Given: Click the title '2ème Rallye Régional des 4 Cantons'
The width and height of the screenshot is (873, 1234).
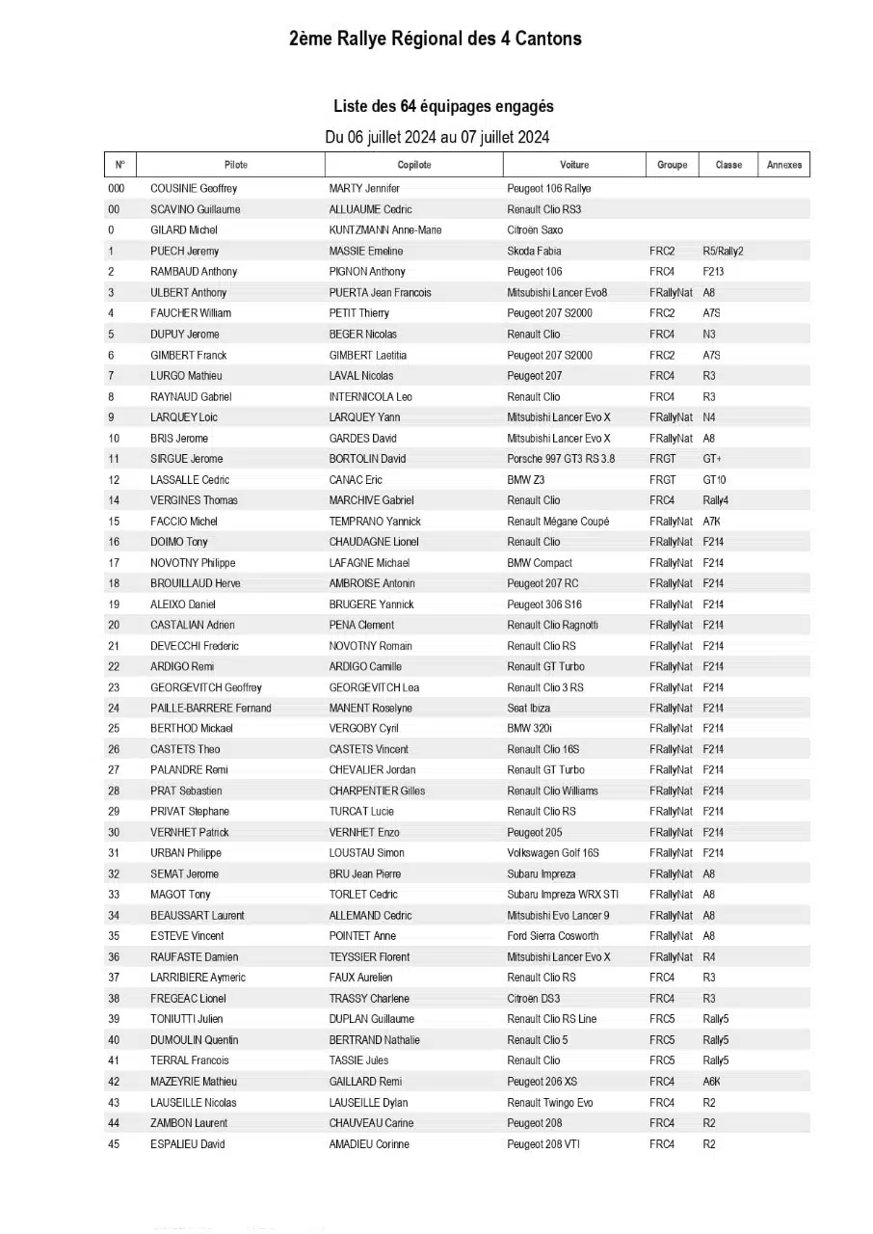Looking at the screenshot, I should click(x=436, y=40).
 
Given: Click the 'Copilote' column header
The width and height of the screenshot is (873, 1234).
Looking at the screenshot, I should click(x=414, y=165).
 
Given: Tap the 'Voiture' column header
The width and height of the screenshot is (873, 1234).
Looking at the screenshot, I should click(x=574, y=165).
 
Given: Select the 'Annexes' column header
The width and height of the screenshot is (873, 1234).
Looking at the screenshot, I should click(x=784, y=165).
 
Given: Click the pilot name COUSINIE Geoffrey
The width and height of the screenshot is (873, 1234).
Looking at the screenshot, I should click(x=194, y=189).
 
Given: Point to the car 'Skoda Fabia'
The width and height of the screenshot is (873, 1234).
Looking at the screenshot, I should click(x=535, y=252).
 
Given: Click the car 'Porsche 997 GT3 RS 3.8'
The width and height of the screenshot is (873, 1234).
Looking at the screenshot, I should click(x=561, y=459).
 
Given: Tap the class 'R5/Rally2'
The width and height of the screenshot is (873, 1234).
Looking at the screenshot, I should click(x=723, y=252).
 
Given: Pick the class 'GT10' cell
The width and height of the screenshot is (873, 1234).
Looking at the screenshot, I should click(x=714, y=480).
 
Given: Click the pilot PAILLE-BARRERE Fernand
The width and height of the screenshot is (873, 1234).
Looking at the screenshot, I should click(x=211, y=709).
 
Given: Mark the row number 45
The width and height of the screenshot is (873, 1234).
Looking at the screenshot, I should click(x=114, y=1144).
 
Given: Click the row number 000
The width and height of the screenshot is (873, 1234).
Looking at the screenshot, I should click(x=116, y=189).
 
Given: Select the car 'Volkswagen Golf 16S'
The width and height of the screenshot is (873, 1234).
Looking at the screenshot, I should click(x=553, y=853).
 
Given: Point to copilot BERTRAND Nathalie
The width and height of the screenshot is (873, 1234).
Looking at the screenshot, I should click(x=375, y=1040).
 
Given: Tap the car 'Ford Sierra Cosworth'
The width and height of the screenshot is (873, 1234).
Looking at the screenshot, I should click(x=553, y=936).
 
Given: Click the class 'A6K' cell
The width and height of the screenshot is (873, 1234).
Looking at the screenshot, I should click(x=711, y=1082).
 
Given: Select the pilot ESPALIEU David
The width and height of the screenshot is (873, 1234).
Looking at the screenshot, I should click(x=188, y=1144).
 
